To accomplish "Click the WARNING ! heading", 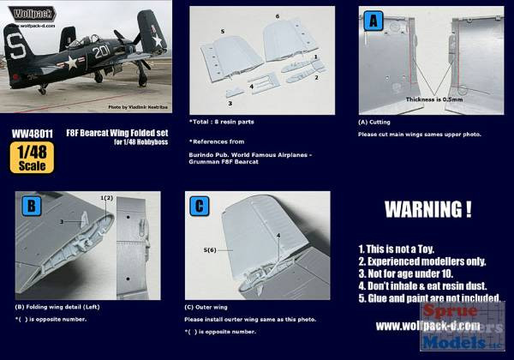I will pyautogui.click(x=427, y=209).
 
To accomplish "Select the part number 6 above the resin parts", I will pyautogui.click(x=277, y=16).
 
